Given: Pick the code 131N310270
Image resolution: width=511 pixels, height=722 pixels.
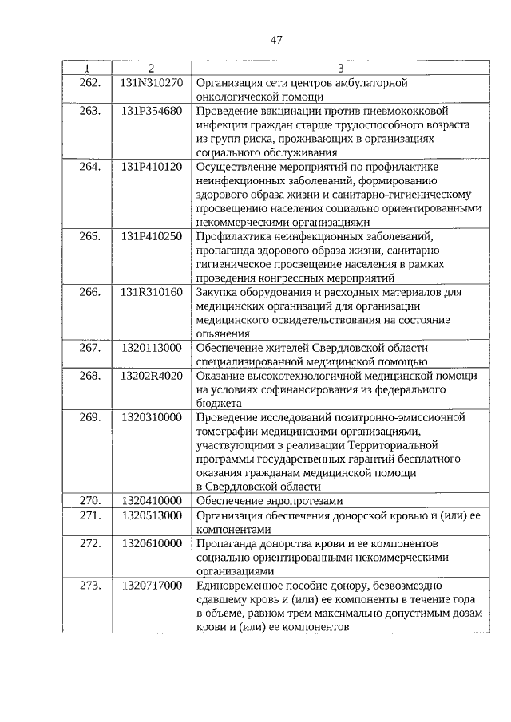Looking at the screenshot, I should coord(152,82).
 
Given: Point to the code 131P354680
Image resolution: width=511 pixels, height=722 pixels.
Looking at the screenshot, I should coord(152,111).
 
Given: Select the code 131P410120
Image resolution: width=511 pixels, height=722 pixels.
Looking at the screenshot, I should coord(152,168).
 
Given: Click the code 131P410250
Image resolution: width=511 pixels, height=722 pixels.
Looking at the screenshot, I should coord(152,236).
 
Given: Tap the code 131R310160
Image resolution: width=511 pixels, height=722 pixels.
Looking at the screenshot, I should coord(152,293).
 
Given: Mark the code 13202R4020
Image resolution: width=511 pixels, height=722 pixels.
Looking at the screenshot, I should coord(152,376).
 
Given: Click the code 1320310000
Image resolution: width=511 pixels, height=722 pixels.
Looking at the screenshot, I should coord(152,417).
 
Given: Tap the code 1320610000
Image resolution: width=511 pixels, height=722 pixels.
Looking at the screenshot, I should coord(152,543).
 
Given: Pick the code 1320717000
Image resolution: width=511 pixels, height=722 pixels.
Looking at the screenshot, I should coord(152,586).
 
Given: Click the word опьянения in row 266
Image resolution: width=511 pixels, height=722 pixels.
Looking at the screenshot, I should coord(223,334).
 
